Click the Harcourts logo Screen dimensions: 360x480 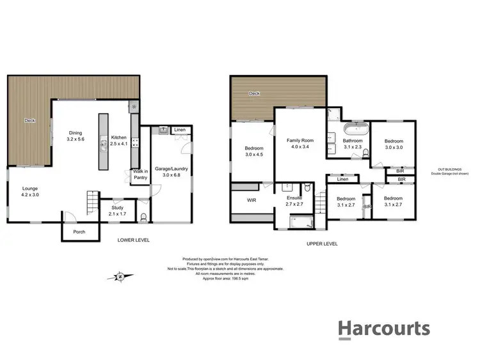click(383, 329)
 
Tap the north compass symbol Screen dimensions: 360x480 click(120, 276)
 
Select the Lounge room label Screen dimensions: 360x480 click(30, 191)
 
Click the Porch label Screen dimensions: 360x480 click(79, 231)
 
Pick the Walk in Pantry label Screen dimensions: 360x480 click(140, 174)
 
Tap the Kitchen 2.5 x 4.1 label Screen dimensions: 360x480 click(119, 141)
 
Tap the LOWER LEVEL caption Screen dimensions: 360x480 click(134, 240)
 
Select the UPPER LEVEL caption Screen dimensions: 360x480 click(322, 243)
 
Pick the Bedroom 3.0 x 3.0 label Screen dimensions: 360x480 click(394, 145)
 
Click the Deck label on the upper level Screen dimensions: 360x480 click(255, 93)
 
